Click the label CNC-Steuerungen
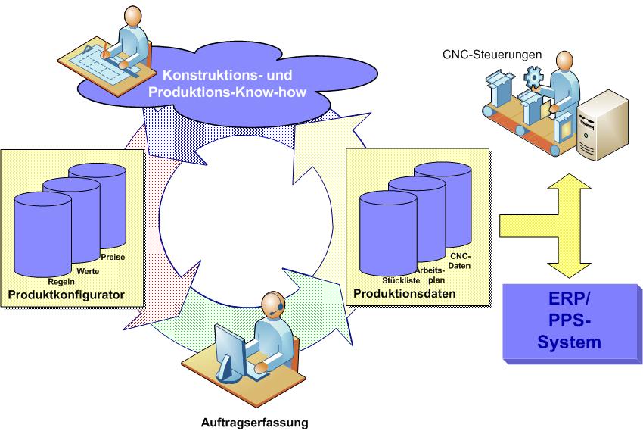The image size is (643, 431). click(x=492, y=55)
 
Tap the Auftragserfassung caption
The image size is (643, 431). click(x=254, y=423)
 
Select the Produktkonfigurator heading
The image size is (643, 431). click(x=66, y=295)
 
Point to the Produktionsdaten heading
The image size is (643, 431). click(x=405, y=293)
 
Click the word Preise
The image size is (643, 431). click(x=113, y=257)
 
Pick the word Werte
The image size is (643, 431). click(x=88, y=271)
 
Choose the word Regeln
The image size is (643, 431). click(x=61, y=282)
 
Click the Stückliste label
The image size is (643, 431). click(x=401, y=280)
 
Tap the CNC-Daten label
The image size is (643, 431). click(x=460, y=261)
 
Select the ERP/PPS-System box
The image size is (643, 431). click(x=573, y=324)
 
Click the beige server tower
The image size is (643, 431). click(x=602, y=125)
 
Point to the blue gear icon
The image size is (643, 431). click(x=533, y=77)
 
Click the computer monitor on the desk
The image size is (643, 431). click(x=230, y=350)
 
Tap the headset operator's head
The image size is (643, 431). click(x=273, y=305)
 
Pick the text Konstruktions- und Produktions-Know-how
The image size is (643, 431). click(x=227, y=83)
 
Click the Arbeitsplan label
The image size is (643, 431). click(x=433, y=275)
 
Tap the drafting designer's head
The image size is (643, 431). click(x=133, y=17)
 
